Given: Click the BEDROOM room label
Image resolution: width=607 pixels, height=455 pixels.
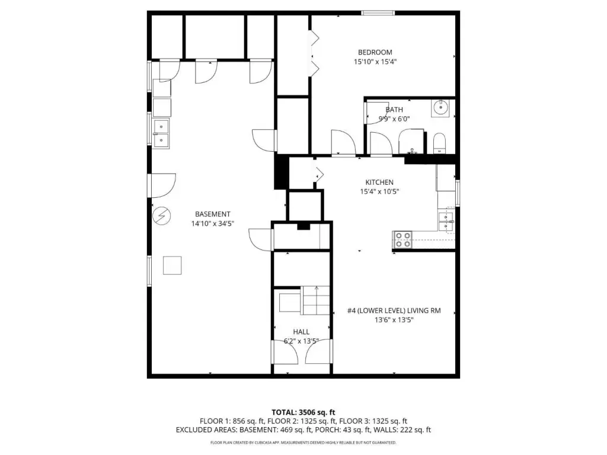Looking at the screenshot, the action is coord(375,52).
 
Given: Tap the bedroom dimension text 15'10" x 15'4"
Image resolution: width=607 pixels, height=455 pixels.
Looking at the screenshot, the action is coord(375,62).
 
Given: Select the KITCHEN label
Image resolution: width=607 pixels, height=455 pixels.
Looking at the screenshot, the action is coord(379,182).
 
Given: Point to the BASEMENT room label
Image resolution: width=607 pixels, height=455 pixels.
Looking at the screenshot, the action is coord(213,214).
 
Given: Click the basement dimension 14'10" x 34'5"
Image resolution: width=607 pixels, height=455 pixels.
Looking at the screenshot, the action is coord(213,223).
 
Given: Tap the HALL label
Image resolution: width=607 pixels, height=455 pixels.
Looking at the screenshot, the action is coord(301,332).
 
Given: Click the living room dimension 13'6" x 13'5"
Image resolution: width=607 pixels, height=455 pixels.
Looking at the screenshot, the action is coord(394,319).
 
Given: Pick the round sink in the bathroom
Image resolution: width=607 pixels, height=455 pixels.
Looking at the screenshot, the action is coord(440,108).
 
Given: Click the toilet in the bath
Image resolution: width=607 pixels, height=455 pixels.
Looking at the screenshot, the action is coord(439,143).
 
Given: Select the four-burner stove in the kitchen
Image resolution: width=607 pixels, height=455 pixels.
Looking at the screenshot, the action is coord(402,239).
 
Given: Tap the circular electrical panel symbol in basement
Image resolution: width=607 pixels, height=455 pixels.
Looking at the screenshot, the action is coord(162,216).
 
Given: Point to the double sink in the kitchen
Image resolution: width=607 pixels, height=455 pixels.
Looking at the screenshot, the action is coord(446,221).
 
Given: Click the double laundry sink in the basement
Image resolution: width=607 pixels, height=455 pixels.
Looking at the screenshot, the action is coord(161,133).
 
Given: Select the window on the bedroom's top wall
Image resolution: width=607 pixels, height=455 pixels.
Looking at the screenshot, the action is coord(378,13).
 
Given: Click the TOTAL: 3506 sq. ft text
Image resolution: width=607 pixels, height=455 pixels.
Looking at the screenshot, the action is coord(303,412).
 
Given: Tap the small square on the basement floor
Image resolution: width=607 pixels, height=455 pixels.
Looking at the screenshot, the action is coord(172,265).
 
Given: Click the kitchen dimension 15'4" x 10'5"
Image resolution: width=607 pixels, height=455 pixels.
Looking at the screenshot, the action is coord(379,191).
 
